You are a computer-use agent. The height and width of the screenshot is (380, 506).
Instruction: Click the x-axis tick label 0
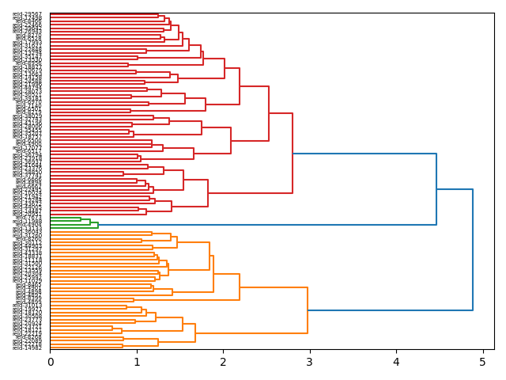[50, 362]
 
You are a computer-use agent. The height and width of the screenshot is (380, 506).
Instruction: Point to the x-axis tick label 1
[137, 362]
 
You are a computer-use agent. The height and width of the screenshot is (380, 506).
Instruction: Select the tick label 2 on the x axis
[223, 362]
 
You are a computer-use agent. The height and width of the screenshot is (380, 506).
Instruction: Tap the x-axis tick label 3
[310, 362]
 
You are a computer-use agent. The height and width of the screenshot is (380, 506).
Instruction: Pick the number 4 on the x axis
[396, 362]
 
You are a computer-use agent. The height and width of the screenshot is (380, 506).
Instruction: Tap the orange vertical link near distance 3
[308, 310]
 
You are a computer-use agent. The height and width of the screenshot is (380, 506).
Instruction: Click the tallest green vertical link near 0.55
[98, 225]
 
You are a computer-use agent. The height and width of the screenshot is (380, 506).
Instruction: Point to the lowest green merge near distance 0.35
[81, 218]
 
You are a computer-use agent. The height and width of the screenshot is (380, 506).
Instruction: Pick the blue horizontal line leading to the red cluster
[364, 154]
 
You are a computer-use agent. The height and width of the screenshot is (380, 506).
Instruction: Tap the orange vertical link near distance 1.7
[195, 332]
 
